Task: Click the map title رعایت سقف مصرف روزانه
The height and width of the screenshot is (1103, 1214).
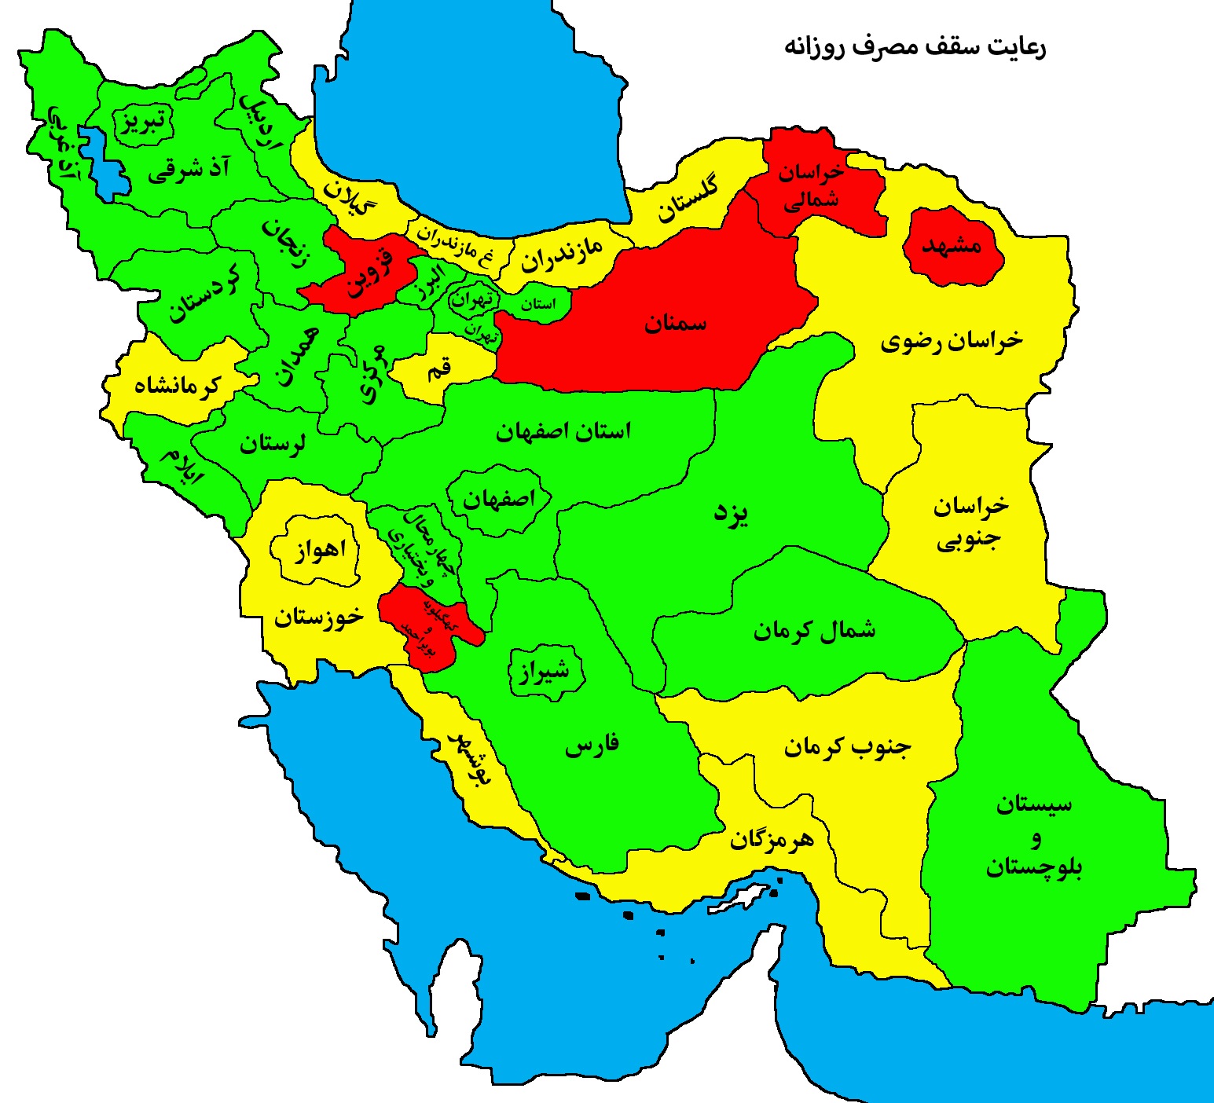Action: (x=915, y=46)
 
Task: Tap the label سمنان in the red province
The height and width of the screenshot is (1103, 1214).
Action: (x=676, y=323)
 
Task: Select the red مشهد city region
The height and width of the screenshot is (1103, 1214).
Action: (x=952, y=246)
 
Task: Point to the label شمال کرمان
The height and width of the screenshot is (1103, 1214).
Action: (x=814, y=630)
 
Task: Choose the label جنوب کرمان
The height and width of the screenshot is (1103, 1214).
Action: (x=847, y=746)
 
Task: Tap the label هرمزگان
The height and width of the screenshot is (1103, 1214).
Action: (x=772, y=840)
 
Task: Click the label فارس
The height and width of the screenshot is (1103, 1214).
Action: (x=592, y=745)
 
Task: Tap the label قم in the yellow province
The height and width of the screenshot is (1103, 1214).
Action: (x=438, y=368)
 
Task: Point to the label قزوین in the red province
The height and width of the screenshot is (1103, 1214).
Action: (x=368, y=271)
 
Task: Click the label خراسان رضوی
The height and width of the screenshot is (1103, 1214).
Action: (x=952, y=341)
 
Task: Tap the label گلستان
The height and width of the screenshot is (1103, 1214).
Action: (x=688, y=200)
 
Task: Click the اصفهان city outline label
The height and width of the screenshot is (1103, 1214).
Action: (x=498, y=499)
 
